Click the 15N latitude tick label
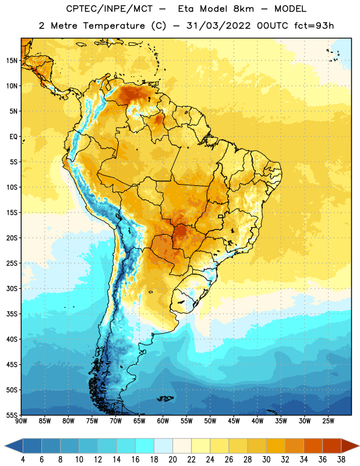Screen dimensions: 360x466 [x=12, y=61]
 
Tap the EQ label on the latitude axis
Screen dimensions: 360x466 [x=13, y=137]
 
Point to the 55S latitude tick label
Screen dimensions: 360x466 [x=12, y=415]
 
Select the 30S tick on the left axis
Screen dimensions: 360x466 [x=12, y=288]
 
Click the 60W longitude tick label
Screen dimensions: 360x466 [x=163, y=421]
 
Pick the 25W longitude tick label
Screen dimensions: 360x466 [x=328, y=421]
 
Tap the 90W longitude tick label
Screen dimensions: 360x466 [x=21, y=421]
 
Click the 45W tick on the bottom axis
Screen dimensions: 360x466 [x=234, y=421]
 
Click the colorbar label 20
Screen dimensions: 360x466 [x=172, y=460]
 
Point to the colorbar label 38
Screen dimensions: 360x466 [x=341, y=460]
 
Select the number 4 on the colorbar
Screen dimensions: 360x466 [x=23, y=460]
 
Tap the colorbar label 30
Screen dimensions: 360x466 [x=266, y=460]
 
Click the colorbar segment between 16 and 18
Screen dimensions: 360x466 [x=145, y=446]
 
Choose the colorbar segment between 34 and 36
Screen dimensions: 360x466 [x=313, y=446]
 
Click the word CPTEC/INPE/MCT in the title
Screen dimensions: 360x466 [x=109, y=9]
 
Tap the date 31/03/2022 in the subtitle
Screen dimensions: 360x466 [x=218, y=26]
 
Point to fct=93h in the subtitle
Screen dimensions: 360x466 [x=314, y=26]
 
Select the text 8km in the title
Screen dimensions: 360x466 [x=243, y=9]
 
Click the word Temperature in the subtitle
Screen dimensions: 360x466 [x=114, y=26]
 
